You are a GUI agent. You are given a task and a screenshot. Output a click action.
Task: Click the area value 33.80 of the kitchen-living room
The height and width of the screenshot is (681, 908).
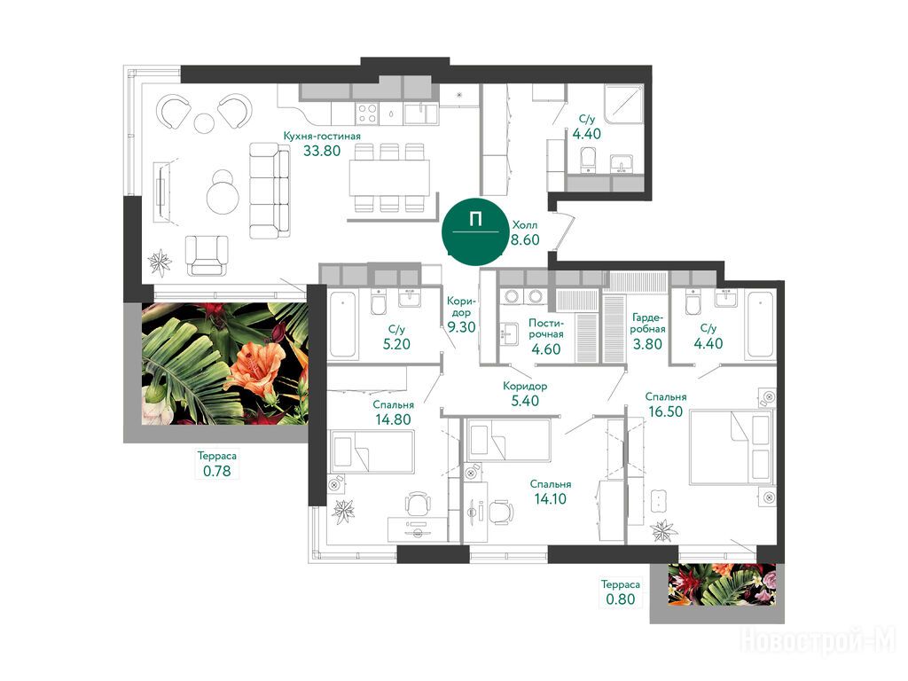(x=322, y=151)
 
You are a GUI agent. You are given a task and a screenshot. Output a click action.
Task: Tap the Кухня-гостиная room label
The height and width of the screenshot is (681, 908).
(x=322, y=136)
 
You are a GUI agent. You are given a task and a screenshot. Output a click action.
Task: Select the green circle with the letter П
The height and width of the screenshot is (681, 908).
(x=476, y=231)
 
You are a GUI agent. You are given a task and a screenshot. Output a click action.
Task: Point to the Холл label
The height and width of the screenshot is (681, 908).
(x=525, y=224)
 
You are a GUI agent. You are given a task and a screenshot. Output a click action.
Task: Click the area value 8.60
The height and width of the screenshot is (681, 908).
(x=525, y=239)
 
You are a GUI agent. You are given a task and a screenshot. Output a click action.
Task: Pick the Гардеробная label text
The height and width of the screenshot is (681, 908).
(x=647, y=323)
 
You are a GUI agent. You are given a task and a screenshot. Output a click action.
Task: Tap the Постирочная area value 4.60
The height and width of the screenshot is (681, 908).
(x=545, y=349)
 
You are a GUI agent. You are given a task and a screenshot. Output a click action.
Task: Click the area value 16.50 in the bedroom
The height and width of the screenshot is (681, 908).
(x=665, y=411)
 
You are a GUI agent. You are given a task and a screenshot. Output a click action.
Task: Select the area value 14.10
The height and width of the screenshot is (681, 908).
(x=550, y=498)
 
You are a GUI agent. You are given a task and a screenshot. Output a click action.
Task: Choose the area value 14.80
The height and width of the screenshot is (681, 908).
(x=393, y=419)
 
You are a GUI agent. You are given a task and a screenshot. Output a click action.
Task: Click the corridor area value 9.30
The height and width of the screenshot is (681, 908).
(x=461, y=327)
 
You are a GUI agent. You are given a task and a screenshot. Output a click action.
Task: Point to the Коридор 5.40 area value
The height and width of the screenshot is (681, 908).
(x=525, y=401)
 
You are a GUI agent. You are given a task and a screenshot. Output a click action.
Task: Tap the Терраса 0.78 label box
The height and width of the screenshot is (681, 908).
(x=216, y=464)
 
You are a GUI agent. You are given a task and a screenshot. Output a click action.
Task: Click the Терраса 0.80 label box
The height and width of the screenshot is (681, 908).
(x=620, y=591)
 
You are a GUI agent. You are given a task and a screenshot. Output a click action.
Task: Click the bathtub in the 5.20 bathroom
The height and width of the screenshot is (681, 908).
(x=343, y=325)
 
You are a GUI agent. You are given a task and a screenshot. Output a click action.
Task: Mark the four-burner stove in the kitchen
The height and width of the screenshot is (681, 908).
(x=368, y=113)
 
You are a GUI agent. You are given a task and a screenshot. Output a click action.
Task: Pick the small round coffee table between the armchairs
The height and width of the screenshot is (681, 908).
(x=205, y=122)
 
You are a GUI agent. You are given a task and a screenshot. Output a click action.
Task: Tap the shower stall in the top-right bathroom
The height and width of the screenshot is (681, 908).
(x=623, y=103)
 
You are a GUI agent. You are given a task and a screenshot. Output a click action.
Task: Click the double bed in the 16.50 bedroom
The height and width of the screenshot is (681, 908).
(x=731, y=447)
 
